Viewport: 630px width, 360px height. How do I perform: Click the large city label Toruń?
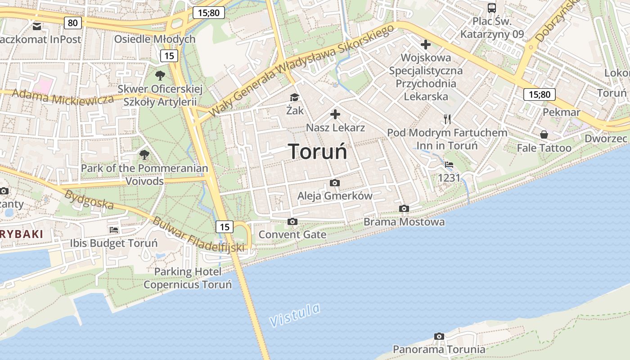(317, 152)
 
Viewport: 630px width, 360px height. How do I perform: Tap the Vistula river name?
(295, 315)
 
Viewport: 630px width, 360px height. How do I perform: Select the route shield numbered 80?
(73, 22)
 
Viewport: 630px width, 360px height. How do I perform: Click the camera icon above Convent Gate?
(292, 221)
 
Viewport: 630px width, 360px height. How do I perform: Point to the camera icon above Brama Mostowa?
(404, 208)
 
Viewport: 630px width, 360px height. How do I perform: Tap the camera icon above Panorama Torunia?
(439, 336)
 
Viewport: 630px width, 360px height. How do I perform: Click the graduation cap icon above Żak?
(294, 97)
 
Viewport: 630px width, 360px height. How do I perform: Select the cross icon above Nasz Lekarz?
(335, 114)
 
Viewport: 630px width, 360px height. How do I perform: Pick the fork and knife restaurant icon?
(447, 119)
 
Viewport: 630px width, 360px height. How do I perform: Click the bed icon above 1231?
(449, 165)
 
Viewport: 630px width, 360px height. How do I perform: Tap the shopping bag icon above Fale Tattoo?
(544, 135)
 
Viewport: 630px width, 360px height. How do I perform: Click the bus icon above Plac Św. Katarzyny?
(492, 8)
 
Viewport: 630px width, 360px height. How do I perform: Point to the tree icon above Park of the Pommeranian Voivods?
(144, 155)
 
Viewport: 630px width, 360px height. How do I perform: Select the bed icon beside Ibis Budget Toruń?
(114, 229)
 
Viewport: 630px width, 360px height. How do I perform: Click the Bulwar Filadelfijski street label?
(198, 234)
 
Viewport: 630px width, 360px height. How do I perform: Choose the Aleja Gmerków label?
(335, 196)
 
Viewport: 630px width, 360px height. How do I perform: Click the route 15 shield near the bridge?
(224, 227)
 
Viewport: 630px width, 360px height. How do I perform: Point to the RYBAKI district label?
(22, 234)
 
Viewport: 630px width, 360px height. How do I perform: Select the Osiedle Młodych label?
(154, 39)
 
